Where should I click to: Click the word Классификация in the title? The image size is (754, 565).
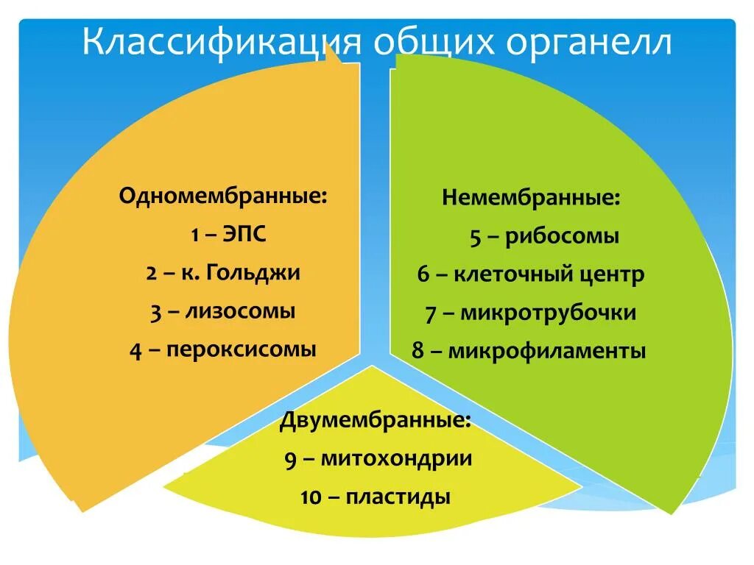pyautogui.click(x=221, y=43)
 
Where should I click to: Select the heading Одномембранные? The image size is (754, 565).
pyautogui.click(x=224, y=196)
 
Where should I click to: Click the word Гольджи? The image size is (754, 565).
pyautogui.click(x=253, y=273)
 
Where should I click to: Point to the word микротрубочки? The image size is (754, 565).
pyautogui.click(x=549, y=313)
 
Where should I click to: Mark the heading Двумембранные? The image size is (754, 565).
pyautogui.click(x=376, y=422)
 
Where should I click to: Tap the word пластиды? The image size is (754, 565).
pyautogui.click(x=398, y=497)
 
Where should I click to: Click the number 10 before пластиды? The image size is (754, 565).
pyautogui.click(x=311, y=498)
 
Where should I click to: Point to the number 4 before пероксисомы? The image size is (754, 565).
pyautogui.click(x=135, y=349)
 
